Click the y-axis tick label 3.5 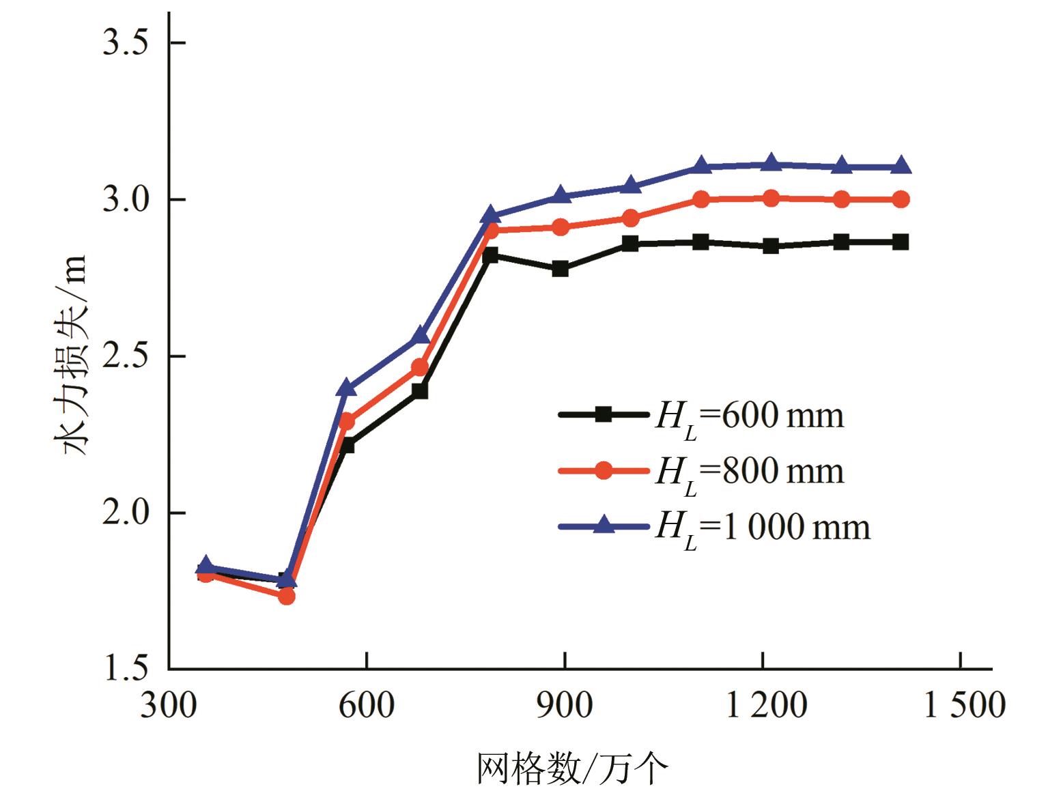[x=124, y=43]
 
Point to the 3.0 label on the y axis [x=124, y=200]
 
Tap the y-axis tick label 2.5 [x=124, y=356]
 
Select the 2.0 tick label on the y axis [x=124, y=513]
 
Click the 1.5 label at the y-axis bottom [x=124, y=669]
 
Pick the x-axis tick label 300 [x=169, y=706]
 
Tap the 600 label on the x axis [x=367, y=706]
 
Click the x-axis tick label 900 [x=564, y=706]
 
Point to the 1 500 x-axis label [x=963, y=706]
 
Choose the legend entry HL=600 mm [x=700, y=416]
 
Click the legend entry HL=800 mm [x=700, y=471]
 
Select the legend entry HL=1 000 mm [x=714, y=527]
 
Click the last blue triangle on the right [x=901, y=166]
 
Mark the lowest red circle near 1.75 [x=287, y=596]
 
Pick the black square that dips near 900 [x=561, y=269]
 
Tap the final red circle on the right [x=901, y=199]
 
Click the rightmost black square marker [x=901, y=242]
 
